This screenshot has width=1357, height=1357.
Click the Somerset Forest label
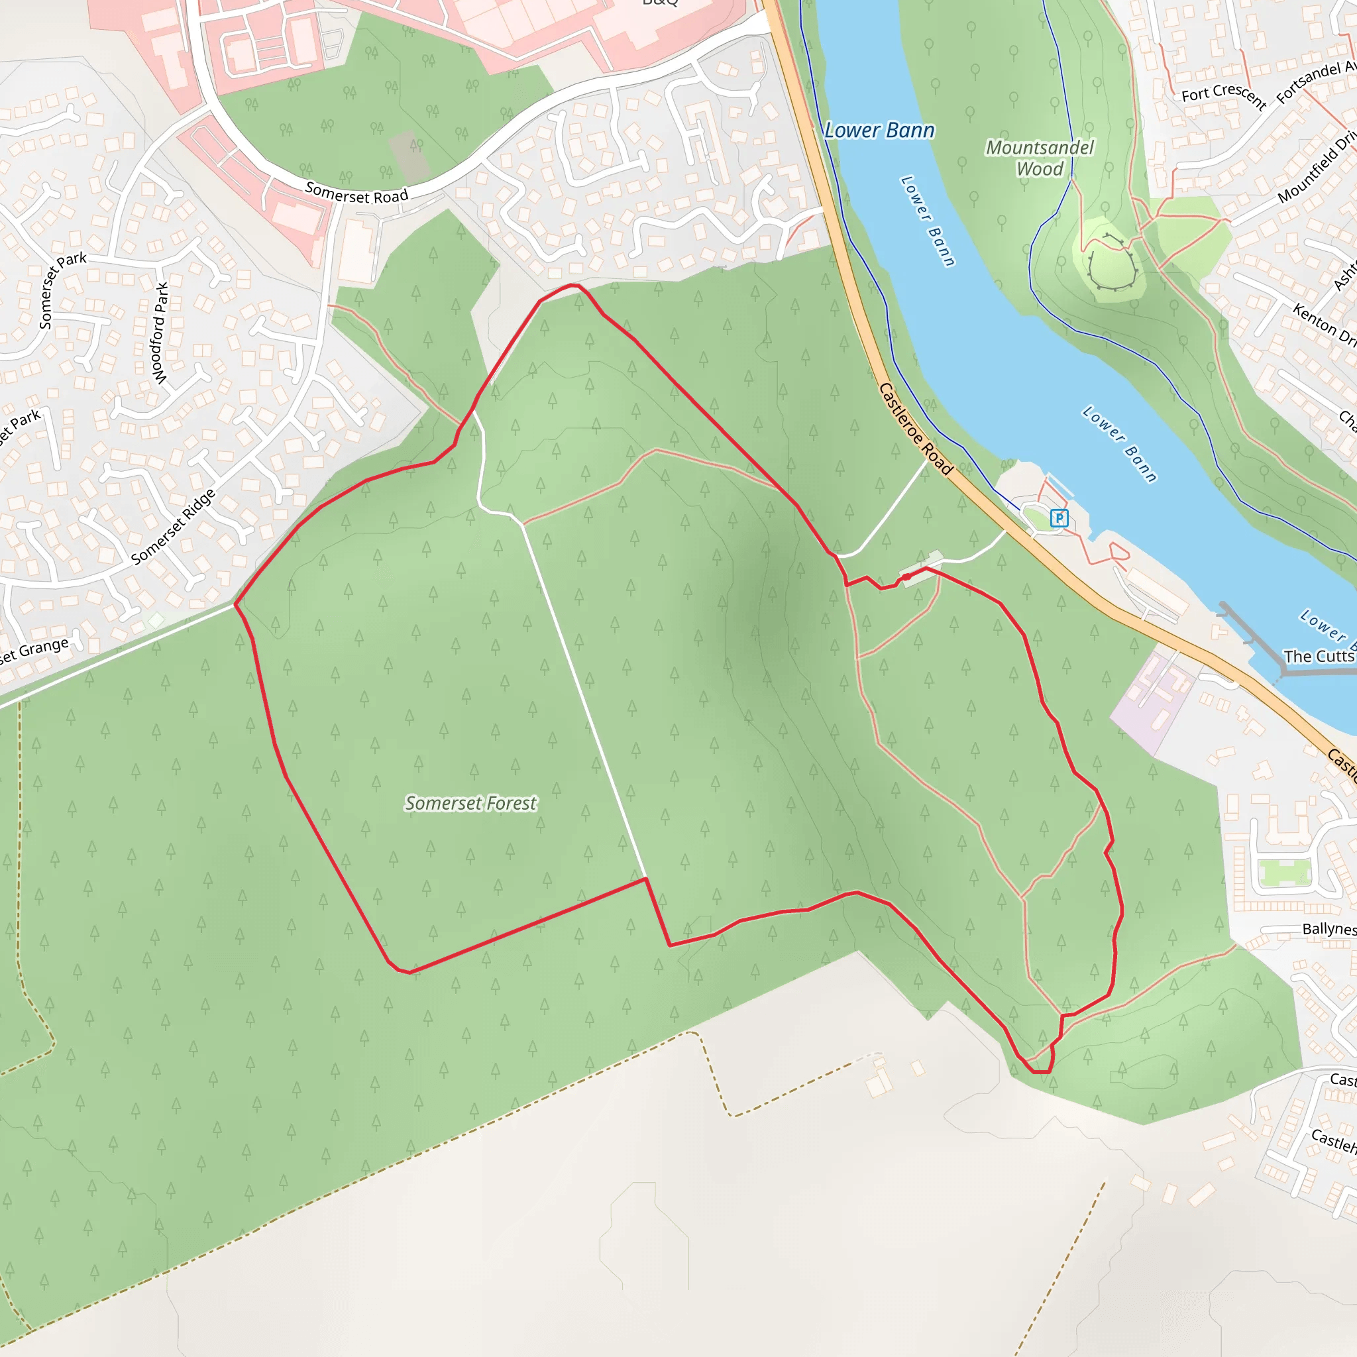(470, 803)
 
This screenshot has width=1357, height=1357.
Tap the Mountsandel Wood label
(1040, 158)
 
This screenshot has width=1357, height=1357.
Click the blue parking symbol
(1058, 518)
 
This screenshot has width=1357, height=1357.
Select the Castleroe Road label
(915, 429)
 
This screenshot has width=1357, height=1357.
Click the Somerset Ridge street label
(173, 527)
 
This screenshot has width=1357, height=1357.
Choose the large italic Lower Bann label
(879, 131)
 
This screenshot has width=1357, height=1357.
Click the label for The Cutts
(1319, 656)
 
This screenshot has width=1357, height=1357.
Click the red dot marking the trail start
(907, 576)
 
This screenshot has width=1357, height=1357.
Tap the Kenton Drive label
(1324, 323)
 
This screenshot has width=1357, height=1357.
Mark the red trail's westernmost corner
(235, 604)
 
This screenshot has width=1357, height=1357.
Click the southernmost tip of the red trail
(1041, 1072)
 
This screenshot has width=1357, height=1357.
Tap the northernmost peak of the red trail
(573, 284)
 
